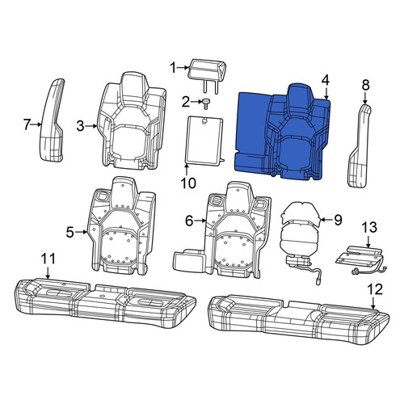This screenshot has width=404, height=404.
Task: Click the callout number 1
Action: (x=174, y=68)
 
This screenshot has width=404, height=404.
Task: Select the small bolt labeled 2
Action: (x=207, y=103)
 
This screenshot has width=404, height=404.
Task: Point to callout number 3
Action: (x=80, y=126)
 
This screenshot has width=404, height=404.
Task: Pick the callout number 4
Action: (x=326, y=80)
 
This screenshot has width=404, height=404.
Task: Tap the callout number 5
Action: (x=69, y=232)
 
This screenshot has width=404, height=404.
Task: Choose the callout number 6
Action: (x=189, y=221)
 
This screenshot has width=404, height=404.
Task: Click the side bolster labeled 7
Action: (x=53, y=120)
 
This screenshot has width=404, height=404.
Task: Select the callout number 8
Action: (x=365, y=86)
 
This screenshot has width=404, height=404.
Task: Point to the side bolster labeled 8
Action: (x=360, y=145)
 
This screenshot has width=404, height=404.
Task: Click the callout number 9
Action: (x=338, y=220)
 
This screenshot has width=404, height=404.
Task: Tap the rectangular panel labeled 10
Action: (x=204, y=140)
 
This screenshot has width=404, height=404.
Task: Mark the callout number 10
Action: (x=188, y=183)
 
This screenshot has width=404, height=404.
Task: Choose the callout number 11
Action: (x=48, y=259)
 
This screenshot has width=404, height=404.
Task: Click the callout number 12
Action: (x=375, y=289)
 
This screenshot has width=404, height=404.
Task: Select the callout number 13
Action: (x=369, y=227)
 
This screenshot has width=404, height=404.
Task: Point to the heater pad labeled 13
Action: (x=361, y=260)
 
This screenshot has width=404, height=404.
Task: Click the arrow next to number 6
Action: (x=200, y=221)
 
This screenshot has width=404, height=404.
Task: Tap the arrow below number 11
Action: (x=48, y=272)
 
